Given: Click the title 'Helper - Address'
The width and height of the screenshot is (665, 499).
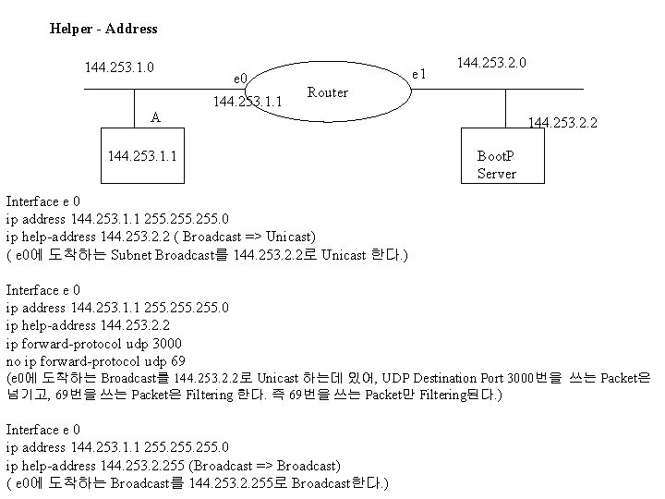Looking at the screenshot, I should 103,29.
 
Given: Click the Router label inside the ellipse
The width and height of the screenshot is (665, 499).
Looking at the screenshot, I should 328,92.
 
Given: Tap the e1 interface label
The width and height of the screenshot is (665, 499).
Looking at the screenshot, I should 418,73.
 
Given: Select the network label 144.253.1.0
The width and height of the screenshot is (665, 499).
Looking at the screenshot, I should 119,67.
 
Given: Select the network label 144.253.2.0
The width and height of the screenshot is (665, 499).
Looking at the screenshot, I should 491,64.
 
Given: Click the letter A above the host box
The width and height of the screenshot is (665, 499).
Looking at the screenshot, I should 156,117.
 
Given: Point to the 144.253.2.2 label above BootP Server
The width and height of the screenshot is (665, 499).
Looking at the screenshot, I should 562,121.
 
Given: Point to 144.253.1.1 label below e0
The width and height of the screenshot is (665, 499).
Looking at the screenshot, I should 248,102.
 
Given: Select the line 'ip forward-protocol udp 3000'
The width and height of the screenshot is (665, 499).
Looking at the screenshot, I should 89,343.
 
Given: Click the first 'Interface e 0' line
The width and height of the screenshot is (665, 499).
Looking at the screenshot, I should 43,201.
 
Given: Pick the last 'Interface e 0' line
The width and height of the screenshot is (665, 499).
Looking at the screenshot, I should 43,430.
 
